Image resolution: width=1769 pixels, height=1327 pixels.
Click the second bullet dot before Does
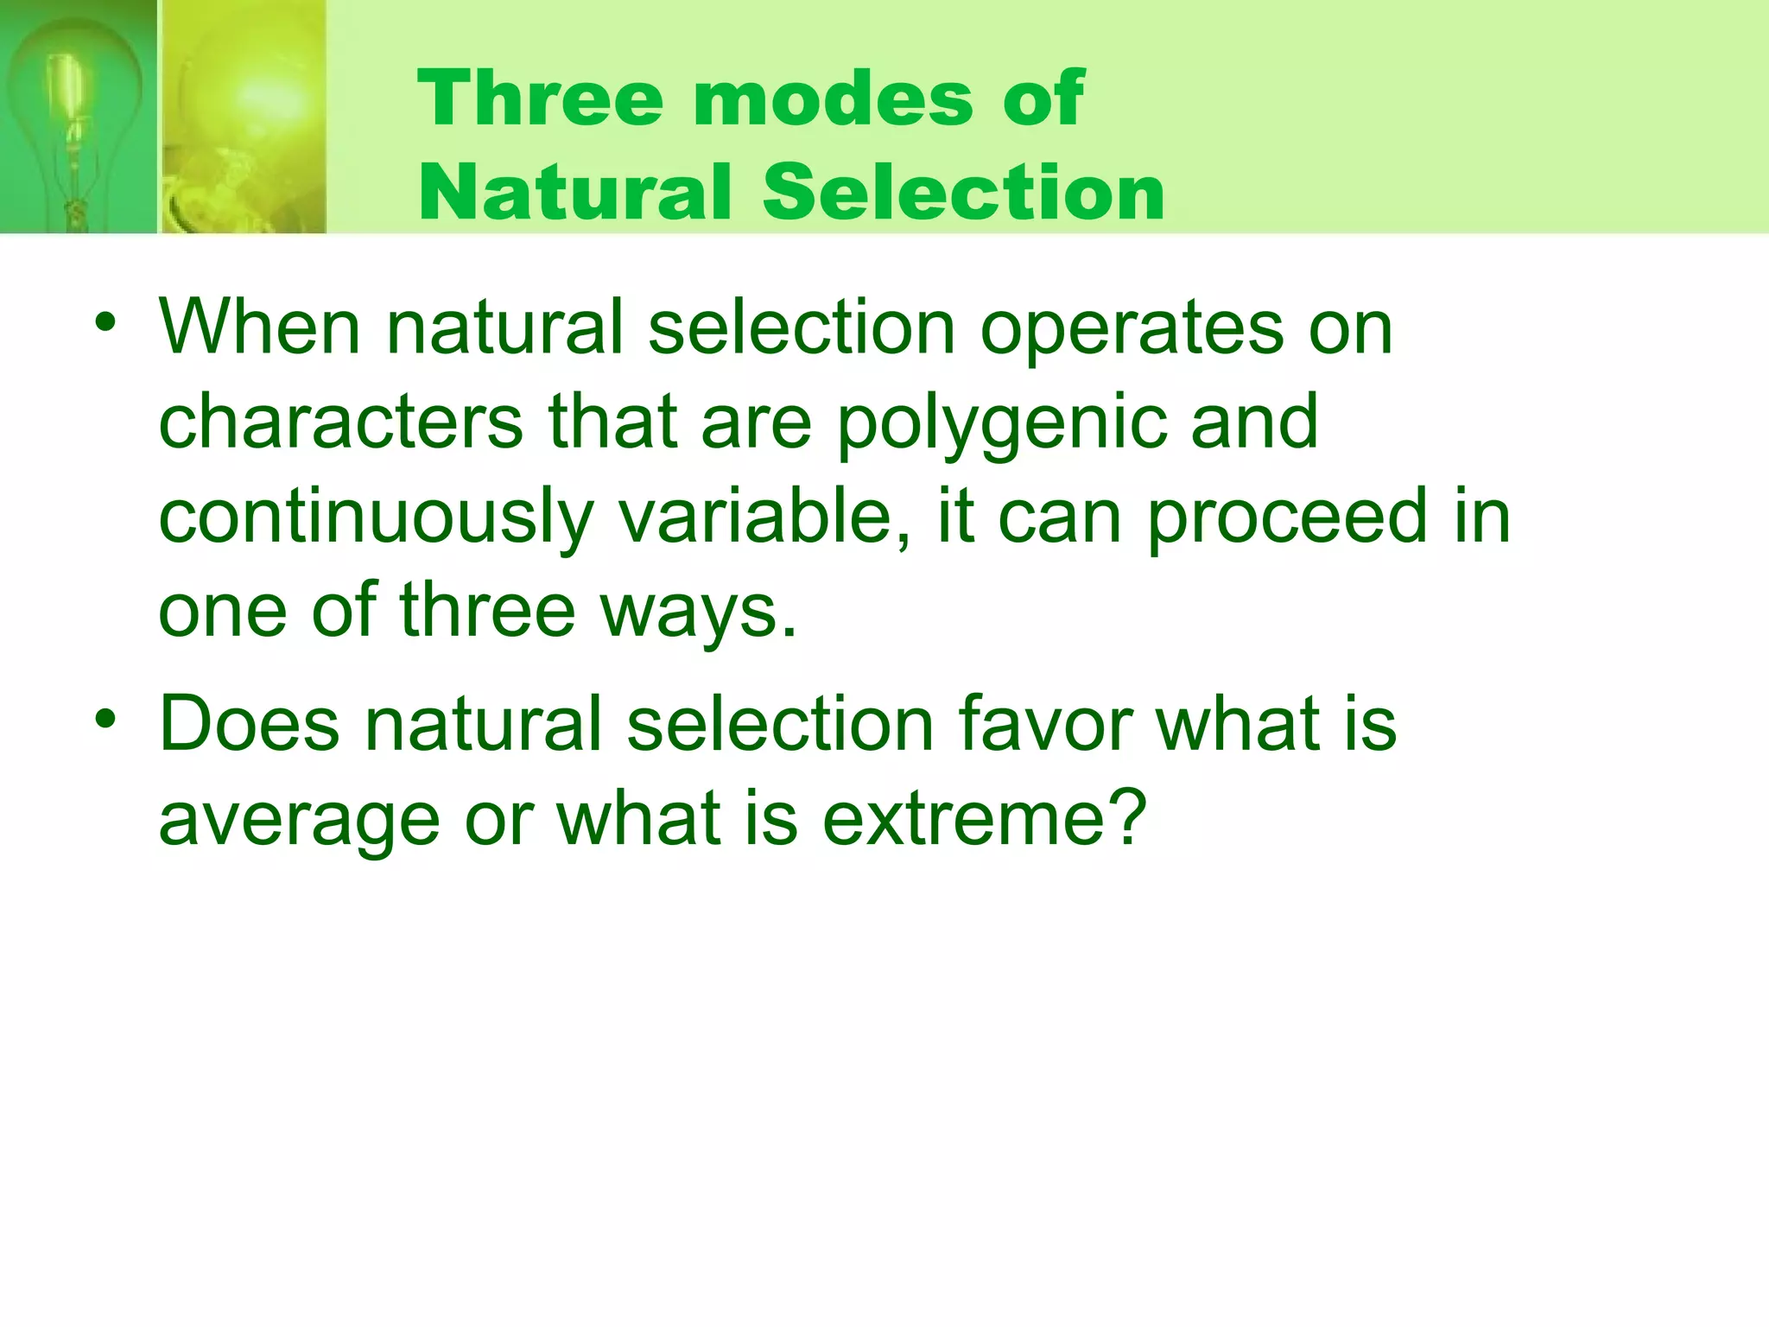coord(105,719)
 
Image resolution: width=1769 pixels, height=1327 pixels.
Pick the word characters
coord(340,422)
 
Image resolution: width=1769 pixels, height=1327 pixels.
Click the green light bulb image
coord(78,117)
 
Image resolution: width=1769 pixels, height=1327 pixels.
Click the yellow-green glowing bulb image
coord(244,117)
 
